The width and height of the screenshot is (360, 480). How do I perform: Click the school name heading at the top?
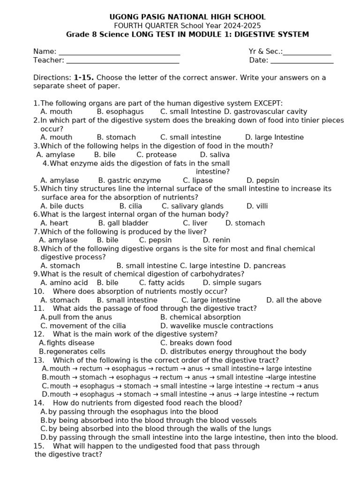pyautogui.click(x=187, y=17)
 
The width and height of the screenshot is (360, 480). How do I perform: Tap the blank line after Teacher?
pyautogui.click(x=122, y=62)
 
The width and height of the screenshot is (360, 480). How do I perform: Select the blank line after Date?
pyautogui.click(x=302, y=62)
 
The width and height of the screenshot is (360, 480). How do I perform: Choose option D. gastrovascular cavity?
pyautogui.click(x=265, y=112)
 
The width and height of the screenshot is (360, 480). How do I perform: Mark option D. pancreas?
pyautogui.click(x=264, y=266)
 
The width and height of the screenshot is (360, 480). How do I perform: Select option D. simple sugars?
pyautogui.click(x=232, y=283)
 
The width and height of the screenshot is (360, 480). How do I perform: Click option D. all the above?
pyautogui.click(x=294, y=300)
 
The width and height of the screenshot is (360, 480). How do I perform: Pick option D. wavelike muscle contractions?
pyautogui.click(x=217, y=326)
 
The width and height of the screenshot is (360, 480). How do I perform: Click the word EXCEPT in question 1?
pyautogui.click(x=268, y=103)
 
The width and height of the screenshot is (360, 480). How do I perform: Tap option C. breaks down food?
pyautogui.click(x=196, y=343)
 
